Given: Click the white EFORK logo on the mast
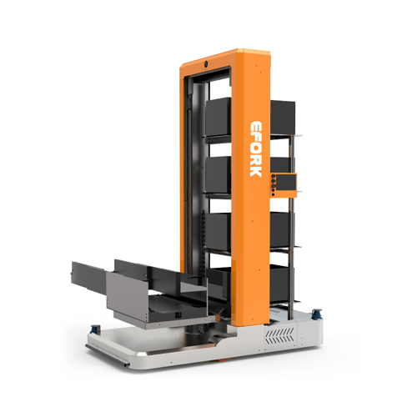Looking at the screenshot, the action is pyautogui.click(x=255, y=148).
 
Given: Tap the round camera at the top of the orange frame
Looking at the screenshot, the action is pyautogui.click(x=206, y=63).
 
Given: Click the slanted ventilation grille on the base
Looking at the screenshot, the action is pyautogui.click(x=279, y=335).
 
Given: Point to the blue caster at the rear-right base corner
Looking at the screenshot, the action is pyautogui.click(x=317, y=314).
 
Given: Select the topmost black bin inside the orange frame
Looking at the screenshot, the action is pyautogui.click(x=219, y=117).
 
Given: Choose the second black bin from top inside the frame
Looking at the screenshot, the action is pyautogui.click(x=219, y=174).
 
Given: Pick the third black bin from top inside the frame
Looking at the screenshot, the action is pyautogui.click(x=219, y=232).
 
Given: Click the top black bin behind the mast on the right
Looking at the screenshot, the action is pyautogui.click(x=283, y=118).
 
